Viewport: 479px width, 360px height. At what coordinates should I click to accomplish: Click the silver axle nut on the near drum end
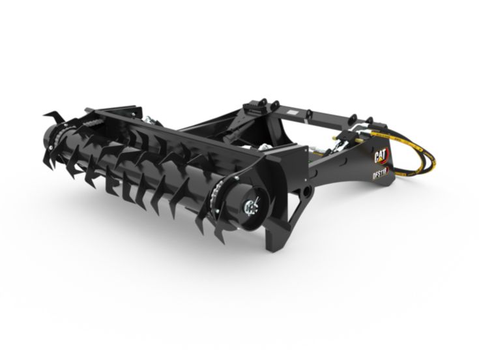(250, 207)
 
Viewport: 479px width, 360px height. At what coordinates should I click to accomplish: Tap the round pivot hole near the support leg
(305, 193)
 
